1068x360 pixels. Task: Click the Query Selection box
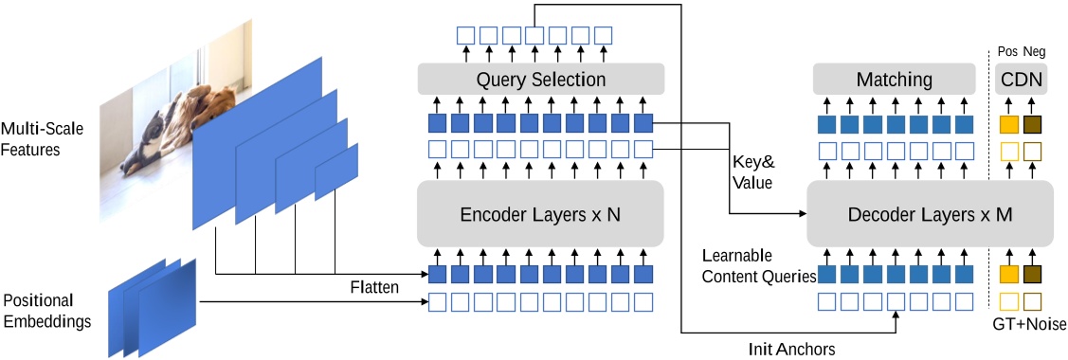540,79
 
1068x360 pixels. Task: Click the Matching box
895,79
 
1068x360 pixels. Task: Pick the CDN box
1021,79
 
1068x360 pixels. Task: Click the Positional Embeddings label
46,311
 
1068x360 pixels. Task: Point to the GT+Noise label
1028,324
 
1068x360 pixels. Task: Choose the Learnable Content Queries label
759,267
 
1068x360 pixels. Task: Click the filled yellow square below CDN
1009,123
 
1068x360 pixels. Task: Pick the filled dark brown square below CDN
1032,123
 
